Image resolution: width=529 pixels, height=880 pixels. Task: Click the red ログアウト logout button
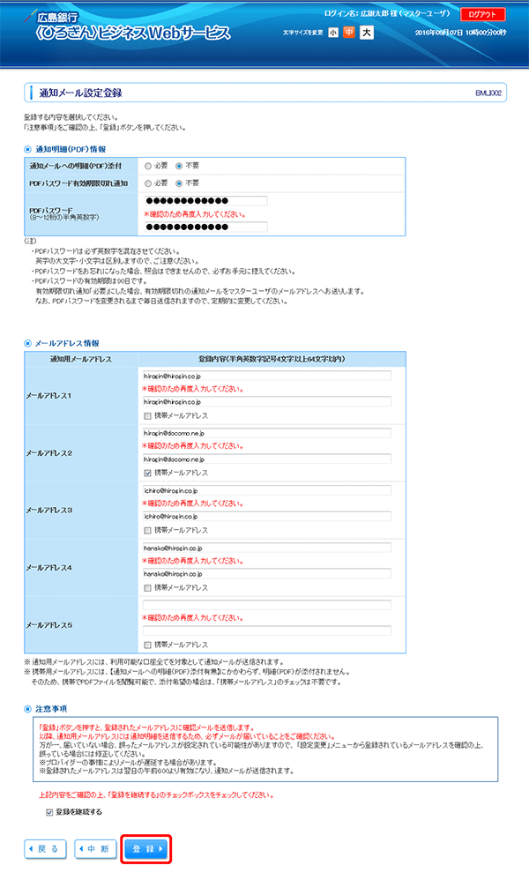pyautogui.click(x=482, y=14)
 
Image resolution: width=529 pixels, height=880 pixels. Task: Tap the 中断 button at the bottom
pyautogui.click(x=96, y=849)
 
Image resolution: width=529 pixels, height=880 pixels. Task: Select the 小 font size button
pyautogui.click(x=333, y=33)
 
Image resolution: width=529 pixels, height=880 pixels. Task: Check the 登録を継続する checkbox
pyautogui.click(x=49, y=812)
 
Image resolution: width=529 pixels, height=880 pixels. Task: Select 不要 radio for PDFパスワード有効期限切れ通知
pyautogui.click(x=179, y=183)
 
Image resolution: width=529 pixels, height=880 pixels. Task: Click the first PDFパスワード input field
pyautogui.click(x=205, y=201)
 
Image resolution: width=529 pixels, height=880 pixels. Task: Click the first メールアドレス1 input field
pyautogui.click(x=266, y=376)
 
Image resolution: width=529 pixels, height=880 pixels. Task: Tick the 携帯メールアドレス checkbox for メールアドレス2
pyautogui.click(x=147, y=473)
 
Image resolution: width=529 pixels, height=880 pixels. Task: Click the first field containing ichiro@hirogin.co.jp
pyautogui.click(x=266, y=490)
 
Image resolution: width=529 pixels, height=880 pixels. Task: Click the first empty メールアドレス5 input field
pyautogui.click(x=266, y=605)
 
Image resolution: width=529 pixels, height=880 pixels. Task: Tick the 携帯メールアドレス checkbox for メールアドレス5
pyautogui.click(x=147, y=645)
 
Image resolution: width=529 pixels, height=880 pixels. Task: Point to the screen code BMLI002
pyautogui.click(x=488, y=93)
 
